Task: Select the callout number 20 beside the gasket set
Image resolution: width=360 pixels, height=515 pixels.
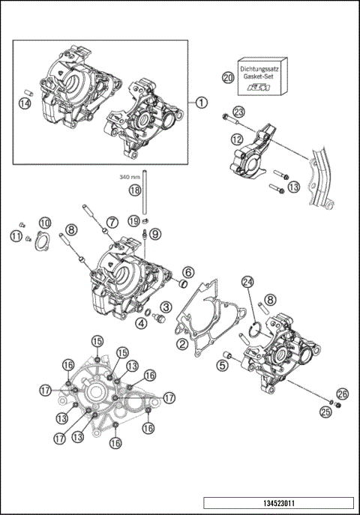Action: [x=228, y=77]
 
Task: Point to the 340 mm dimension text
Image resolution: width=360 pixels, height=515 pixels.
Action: [x=130, y=178]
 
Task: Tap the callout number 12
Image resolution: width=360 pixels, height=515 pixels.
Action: [x=236, y=139]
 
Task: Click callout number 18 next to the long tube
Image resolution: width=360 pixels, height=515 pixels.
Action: [x=134, y=191]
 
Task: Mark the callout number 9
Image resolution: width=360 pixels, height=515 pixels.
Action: [x=155, y=234]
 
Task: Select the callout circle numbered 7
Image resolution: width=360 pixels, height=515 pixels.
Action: [x=111, y=222]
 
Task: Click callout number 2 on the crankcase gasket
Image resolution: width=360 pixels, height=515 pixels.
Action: [x=181, y=344]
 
